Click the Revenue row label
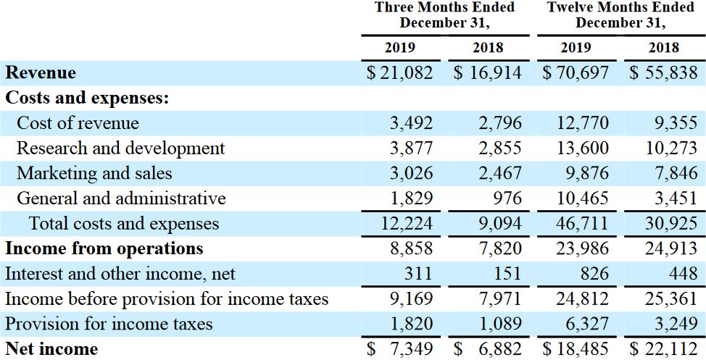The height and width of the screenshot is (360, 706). click(41, 72)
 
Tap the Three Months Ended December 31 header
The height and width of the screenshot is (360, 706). click(444, 14)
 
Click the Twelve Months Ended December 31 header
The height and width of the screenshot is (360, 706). click(620, 14)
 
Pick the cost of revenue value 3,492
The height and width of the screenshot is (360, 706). click(412, 123)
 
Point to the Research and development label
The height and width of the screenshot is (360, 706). click(120, 148)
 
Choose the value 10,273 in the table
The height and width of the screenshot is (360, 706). click(671, 148)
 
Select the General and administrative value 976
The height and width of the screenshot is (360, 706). click(505, 198)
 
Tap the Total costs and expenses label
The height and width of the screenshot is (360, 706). click(123, 224)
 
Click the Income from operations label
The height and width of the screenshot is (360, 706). click(104, 248)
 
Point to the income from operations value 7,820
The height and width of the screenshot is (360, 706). click(500, 248)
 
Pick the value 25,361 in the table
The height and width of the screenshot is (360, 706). click(671, 298)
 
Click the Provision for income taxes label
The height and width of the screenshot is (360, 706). click(109, 324)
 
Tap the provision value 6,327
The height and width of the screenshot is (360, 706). click(588, 324)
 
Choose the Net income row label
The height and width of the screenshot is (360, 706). click(51, 349)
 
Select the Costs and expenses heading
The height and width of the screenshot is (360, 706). click(87, 98)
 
